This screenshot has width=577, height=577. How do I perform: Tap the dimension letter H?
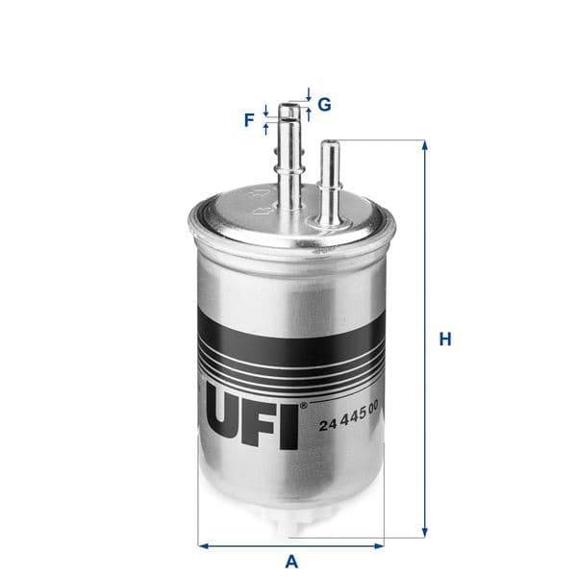[x=444, y=339]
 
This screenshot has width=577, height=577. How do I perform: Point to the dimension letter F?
[x=249, y=120]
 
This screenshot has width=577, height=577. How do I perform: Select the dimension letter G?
[x=325, y=104]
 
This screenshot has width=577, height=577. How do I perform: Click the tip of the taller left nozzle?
[x=290, y=106]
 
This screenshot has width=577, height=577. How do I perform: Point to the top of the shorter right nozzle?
[x=329, y=143]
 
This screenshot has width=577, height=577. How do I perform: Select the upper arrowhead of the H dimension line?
[x=423, y=145]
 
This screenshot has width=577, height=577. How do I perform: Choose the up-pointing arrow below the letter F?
[x=266, y=128]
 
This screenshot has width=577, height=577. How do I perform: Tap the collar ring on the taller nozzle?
[x=290, y=171]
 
